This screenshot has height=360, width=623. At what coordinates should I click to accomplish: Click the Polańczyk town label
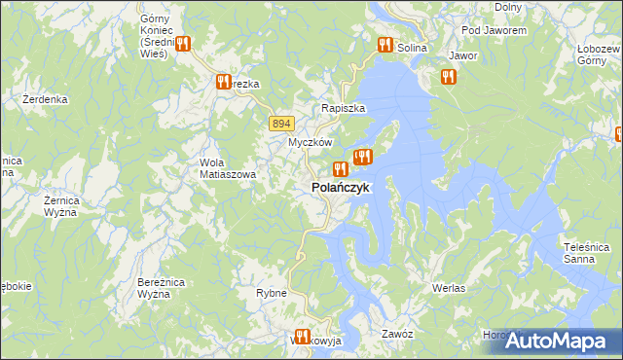pos(340,188)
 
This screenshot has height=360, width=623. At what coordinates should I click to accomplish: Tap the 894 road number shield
pos(281,123)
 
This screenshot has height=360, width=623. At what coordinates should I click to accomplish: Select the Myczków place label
pos(311,142)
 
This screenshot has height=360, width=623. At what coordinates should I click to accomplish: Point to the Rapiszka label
pos(344,109)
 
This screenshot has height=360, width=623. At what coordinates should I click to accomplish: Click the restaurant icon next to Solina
pos(385,46)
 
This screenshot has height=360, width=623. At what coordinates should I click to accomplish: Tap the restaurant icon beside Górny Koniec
pos(182,44)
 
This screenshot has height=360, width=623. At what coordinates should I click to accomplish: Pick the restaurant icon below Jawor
pos(448,77)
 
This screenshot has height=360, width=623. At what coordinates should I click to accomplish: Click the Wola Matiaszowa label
pos(227,168)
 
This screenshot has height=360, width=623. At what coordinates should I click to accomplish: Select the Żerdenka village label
pos(45,99)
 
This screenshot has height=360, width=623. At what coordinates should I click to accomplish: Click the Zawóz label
pos(398,334)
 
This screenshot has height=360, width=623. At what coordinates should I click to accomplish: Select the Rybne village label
pos(271,293)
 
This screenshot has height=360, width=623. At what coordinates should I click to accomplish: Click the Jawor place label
pos(463,55)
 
